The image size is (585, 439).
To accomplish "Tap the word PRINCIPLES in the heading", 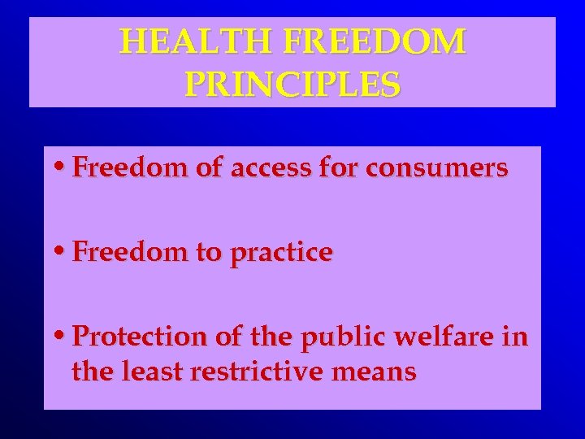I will point(292,84).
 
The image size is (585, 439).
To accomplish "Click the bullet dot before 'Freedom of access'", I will point(63,168).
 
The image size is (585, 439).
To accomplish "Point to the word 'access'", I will point(269,168).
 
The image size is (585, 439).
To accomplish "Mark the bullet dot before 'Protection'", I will point(63,337).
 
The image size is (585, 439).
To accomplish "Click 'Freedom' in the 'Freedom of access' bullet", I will point(123,168).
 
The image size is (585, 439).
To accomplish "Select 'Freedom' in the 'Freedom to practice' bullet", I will point(123,253).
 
